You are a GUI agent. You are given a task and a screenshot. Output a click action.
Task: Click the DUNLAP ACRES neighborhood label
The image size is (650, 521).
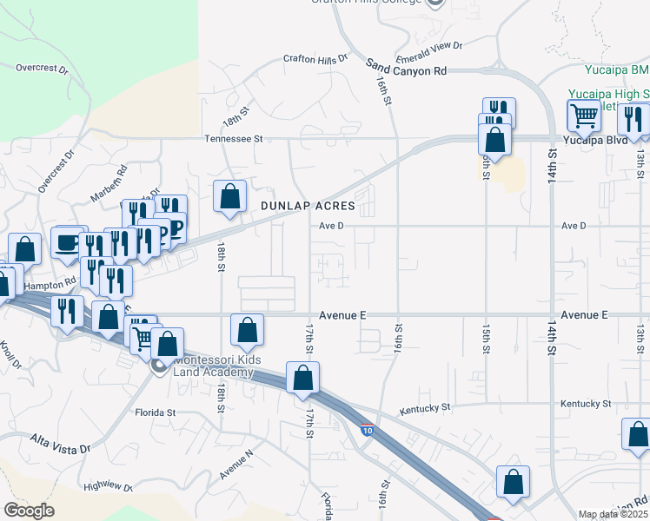(308, 206)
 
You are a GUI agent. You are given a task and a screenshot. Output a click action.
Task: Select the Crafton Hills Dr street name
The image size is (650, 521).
(315, 58)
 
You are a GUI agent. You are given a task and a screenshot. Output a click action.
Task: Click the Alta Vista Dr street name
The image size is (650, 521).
(61, 445)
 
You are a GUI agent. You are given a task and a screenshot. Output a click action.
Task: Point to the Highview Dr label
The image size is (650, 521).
(108, 488)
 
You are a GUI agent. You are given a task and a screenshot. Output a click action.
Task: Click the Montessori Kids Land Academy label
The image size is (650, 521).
(213, 366)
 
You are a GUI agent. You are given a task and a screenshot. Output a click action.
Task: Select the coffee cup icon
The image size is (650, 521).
(68, 243)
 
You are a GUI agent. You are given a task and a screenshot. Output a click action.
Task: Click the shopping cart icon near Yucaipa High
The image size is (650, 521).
(584, 115)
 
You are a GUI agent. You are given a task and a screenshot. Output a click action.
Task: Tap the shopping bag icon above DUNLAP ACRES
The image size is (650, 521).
(229, 196)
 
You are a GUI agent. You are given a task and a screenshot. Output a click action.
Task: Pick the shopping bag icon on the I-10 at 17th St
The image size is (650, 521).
(302, 378)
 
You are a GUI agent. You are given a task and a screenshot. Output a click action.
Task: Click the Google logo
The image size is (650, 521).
(30, 511)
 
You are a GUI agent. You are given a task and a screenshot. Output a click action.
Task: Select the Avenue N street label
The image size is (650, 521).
(235, 465)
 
